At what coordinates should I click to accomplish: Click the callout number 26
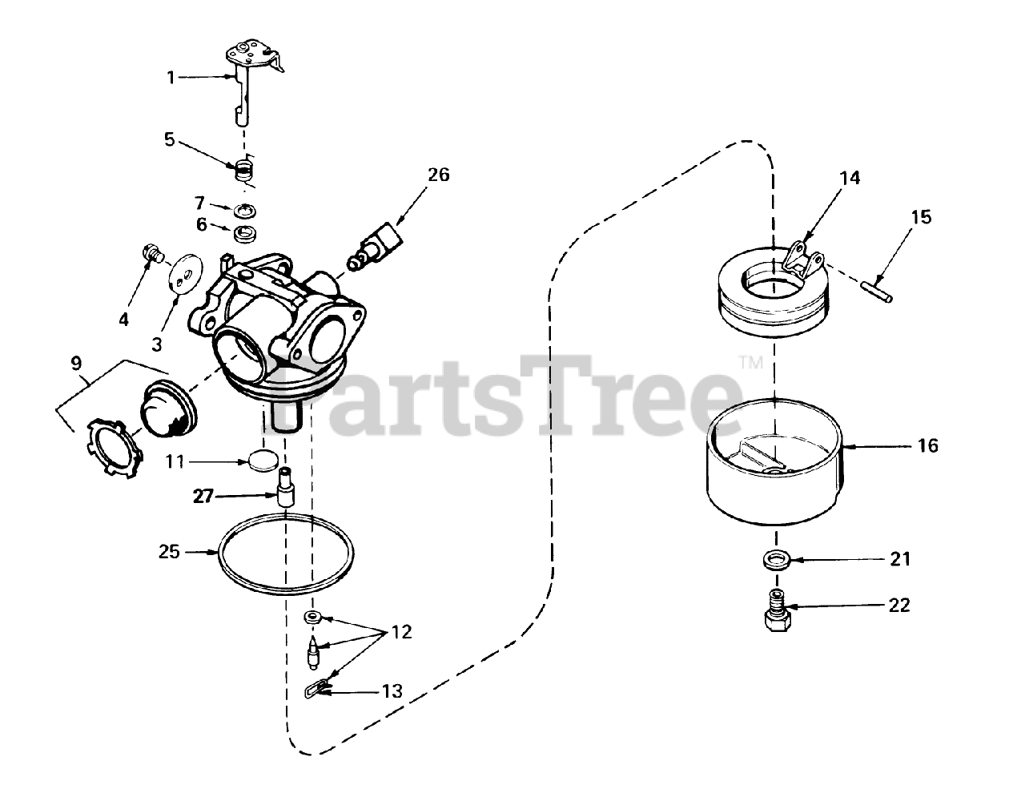click(438, 175)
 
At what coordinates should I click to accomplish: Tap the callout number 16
click(928, 445)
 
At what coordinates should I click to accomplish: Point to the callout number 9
click(77, 363)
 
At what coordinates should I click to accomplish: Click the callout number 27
click(203, 497)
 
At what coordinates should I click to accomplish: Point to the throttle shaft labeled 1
click(244, 88)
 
